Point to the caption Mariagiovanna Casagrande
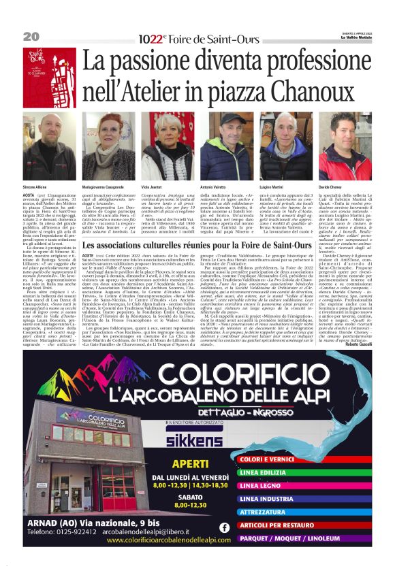(x=104, y=186)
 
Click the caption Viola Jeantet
(x=151, y=186)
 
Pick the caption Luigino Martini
(x=273, y=186)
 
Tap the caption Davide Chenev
(x=331, y=186)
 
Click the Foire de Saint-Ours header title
(x=198, y=39)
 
